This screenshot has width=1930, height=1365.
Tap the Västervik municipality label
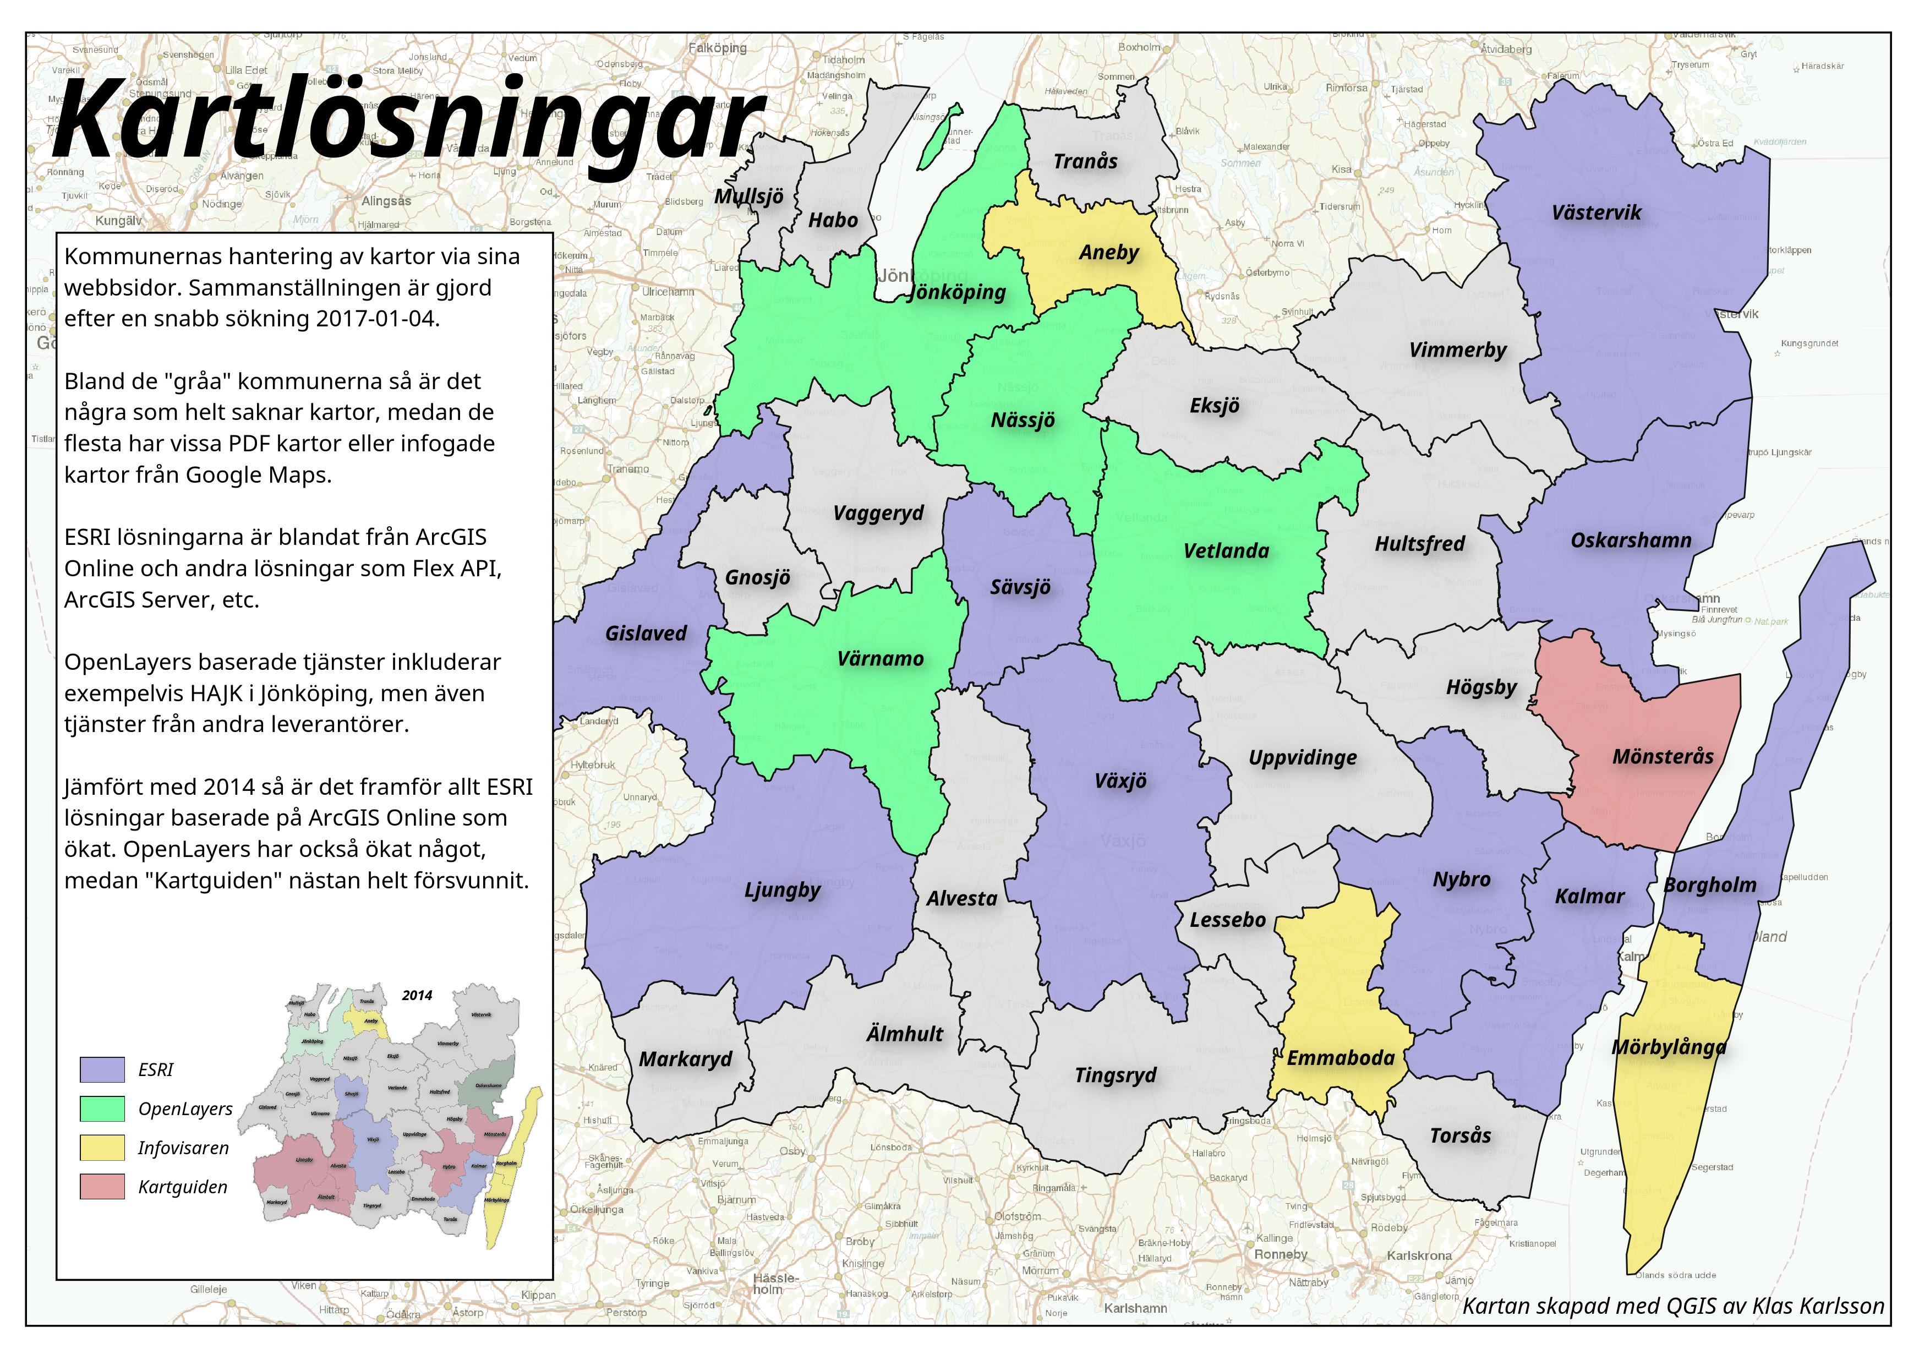(x=1595, y=212)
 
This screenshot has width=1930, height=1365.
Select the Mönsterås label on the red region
(x=1662, y=756)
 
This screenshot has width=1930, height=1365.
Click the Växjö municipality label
(x=1120, y=781)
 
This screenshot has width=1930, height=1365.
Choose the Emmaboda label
(x=1340, y=1058)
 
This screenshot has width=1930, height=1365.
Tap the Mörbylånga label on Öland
(x=1669, y=1048)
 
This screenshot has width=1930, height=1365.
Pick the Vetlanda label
(x=1226, y=552)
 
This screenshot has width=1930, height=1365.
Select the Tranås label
(x=1085, y=161)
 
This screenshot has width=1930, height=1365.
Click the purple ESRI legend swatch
(x=102, y=1070)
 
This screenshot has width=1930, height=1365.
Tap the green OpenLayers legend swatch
(x=102, y=1110)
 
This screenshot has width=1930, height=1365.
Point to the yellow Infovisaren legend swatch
(x=102, y=1148)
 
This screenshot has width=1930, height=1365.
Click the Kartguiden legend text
(x=182, y=1188)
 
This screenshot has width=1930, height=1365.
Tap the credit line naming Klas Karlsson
(x=1673, y=1306)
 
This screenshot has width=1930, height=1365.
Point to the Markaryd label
(x=685, y=1060)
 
